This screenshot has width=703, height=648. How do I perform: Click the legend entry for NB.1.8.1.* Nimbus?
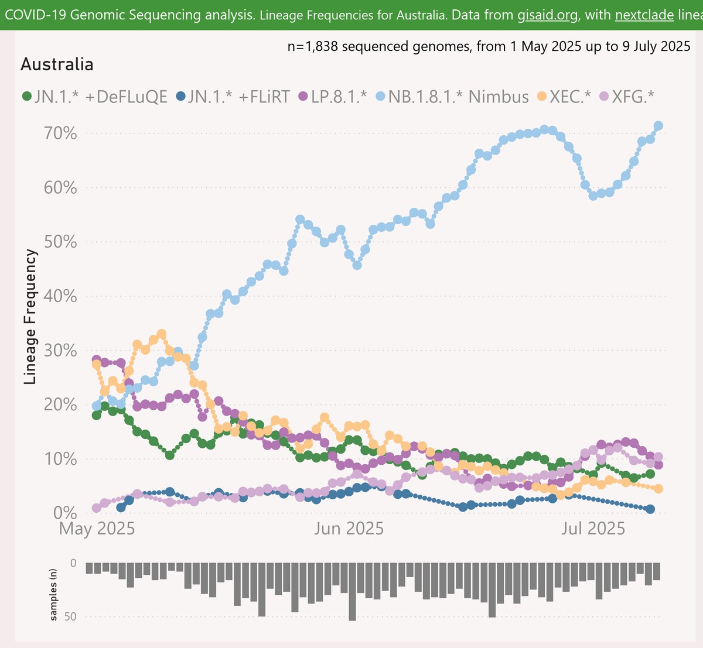pos(452,97)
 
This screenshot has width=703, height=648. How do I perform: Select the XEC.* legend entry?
pos(566,97)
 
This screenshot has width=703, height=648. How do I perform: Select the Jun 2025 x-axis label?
pos(349,529)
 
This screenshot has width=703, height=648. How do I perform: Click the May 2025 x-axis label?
pos(97,529)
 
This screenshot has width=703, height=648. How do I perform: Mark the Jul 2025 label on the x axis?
pos(593,529)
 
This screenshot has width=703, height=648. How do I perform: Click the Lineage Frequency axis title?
pos(30,317)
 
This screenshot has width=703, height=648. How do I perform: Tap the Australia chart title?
pos(57,64)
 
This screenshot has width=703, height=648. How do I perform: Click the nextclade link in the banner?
pos(644,15)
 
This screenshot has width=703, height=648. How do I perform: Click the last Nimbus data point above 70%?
pos(658,126)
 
